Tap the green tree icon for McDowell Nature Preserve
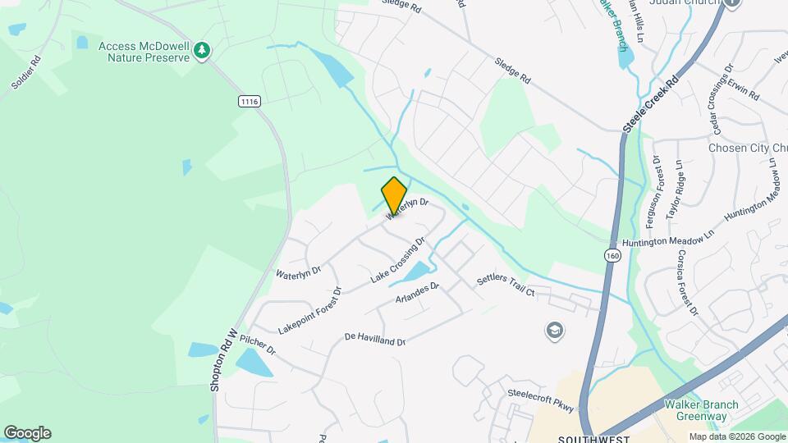coord(201,52)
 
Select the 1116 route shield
coord(250,101)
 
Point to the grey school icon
coord(555,331)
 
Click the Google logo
coord(27,433)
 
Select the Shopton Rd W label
coord(223,359)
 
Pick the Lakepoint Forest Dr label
coord(309,309)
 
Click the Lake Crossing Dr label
coord(398,260)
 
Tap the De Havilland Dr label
coord(375,339)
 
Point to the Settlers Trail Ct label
coord(506,286)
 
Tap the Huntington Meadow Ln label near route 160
coord(663,241)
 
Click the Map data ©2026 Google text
coord(736,436)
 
